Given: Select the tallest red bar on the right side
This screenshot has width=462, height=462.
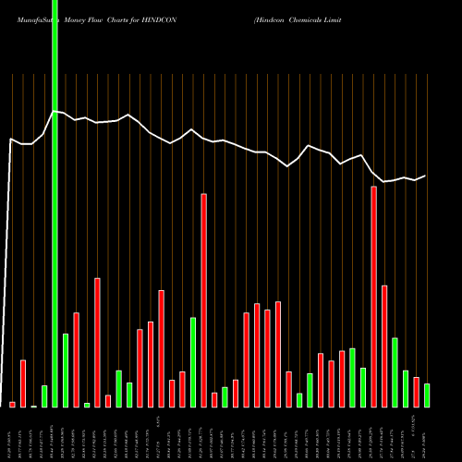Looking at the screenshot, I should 373,296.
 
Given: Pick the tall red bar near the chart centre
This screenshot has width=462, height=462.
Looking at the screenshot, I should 203,300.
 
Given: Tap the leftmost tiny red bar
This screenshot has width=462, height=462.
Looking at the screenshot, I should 12,404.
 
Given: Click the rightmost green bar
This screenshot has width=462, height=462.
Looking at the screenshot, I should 427,395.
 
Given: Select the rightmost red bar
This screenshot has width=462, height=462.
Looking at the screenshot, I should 416,392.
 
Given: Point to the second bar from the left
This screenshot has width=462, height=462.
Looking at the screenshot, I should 23,383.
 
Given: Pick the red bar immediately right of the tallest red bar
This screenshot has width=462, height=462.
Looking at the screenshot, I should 384,346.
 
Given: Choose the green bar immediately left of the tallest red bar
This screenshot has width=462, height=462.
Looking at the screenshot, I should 363,387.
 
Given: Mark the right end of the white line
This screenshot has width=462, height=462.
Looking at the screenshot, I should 426,176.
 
